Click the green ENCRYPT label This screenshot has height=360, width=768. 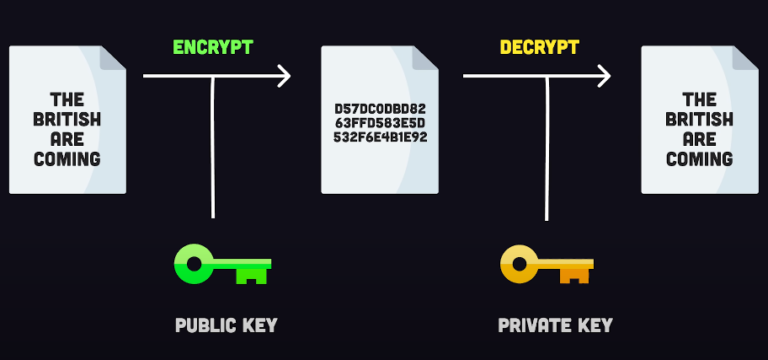coord(212,47)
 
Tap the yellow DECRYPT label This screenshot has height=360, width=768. coord(539,47)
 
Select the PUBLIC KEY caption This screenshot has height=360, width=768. coord(226,325)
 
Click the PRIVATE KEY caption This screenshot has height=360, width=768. coord(555,325)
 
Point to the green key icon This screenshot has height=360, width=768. coord(222,265)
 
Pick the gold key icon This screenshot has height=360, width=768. coord(546,265)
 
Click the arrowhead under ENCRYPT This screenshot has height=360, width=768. coord(284,75)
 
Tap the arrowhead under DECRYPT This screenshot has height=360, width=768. coord(604,75)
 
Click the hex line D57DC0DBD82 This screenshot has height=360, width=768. coord(380,107)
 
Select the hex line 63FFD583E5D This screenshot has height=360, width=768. coord(380,122)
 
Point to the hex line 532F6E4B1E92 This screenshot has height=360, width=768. coord(380,137)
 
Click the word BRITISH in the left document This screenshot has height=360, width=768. coord(67,119)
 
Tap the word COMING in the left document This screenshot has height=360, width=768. coord(67,158)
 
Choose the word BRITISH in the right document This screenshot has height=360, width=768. coord(699,119)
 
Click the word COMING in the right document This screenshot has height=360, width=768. coord(699,158)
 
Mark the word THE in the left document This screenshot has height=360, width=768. coord(67,99)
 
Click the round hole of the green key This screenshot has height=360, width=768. coord(193,265)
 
